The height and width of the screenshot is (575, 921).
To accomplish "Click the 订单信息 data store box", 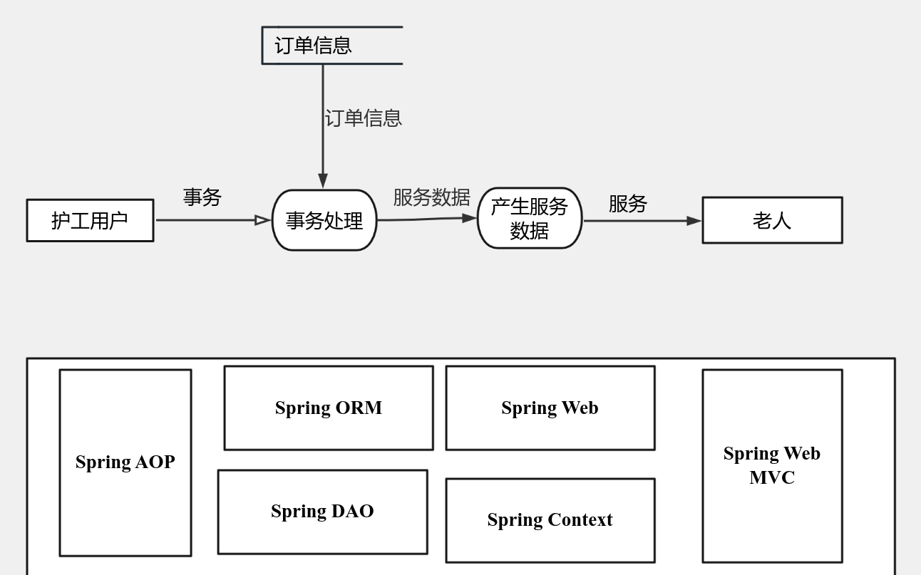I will pyautogui.click(x=331, y=46).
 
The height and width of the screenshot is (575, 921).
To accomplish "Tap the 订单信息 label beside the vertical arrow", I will pyautogui.click(x=363, y=118).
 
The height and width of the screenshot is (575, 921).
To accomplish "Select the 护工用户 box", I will pyautogui.click(x=90, y=220).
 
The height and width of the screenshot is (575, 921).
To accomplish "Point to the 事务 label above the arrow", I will pyautogui.click(x=202, y=197).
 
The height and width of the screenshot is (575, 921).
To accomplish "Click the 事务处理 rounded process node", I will pyautogui.click(x=324, y=220).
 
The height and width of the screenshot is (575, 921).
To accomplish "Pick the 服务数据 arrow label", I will pyautogui.click(x=431, y=197).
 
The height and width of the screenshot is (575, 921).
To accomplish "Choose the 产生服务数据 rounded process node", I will pyautogui.click(x=530, y=218).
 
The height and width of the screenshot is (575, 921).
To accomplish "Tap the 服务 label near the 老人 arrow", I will pyautogui.click(x=627, y=204).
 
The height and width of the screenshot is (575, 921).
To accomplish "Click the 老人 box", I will pyautogui.click(x=772, y=220).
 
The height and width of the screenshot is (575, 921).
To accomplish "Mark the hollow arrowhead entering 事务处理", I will pyautogui.click(x=262, y=220).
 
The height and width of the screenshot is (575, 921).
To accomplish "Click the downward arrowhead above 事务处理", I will pyautogui.click(x=323, y=180).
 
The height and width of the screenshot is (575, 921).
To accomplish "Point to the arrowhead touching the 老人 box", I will pyautogui.click(x=694, y=221).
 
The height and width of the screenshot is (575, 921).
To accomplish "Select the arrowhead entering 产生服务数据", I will pyautogui.click(x=469, y=218).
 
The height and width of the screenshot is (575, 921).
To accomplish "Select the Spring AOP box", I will pyautogui.click(x=125, y=462).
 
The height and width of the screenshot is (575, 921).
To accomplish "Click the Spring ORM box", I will pyautogui.click(x=329, y=408).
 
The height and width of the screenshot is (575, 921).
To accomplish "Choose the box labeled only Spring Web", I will pyautogui.click(x=550, y=408).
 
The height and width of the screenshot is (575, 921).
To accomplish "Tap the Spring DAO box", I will pyautogui.click(x=322, y=512).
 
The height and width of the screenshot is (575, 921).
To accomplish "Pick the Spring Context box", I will pyautogui.click(x=550, y=520).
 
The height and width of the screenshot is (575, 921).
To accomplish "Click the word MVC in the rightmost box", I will pyautogui.click(x=772, y=477).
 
